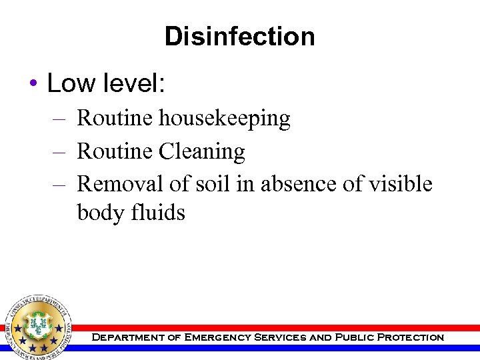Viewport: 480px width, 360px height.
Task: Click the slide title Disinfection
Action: coord(240,37)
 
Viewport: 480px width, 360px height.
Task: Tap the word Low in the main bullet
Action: coord(69,83)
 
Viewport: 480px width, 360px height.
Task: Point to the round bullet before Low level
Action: coord(33,85)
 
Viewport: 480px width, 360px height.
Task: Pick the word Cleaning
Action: coord(202,152)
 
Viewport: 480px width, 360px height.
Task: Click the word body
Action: coord(101,213)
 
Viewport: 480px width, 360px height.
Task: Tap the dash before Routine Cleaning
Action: coord(58,153)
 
